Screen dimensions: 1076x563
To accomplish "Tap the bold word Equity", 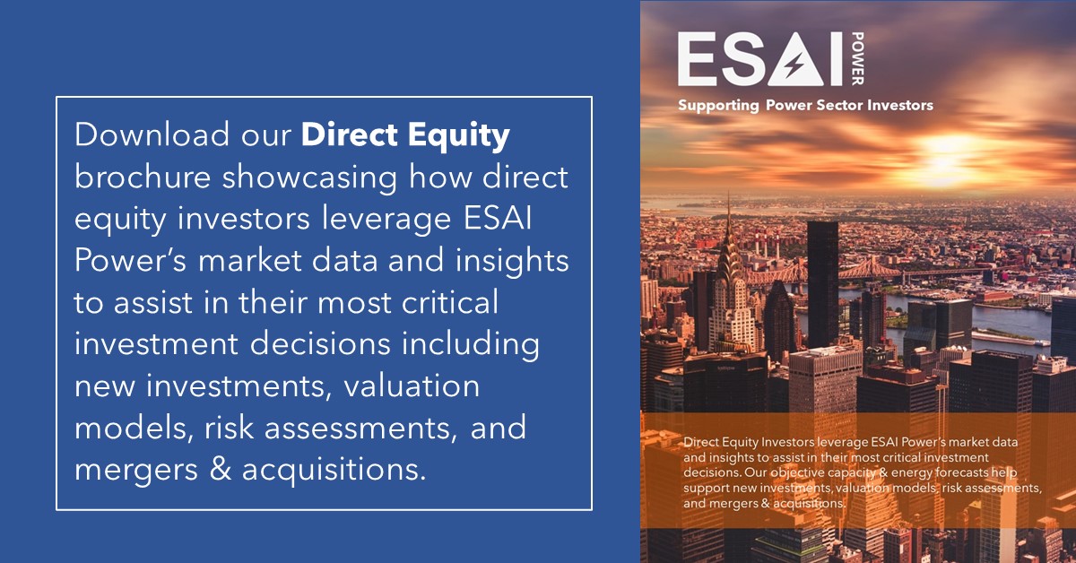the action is [x=459, y=137].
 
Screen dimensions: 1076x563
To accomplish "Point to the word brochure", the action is [x=143, y=177].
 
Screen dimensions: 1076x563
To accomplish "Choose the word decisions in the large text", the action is [x=320, y=343].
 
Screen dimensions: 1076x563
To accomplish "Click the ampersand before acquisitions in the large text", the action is [x=220, y=470].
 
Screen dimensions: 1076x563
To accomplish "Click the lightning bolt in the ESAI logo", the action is [x=794, y=65].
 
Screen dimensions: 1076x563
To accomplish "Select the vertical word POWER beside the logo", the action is [x=858, y=58].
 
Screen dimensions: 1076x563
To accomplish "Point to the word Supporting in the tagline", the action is [x=718, y=106].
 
